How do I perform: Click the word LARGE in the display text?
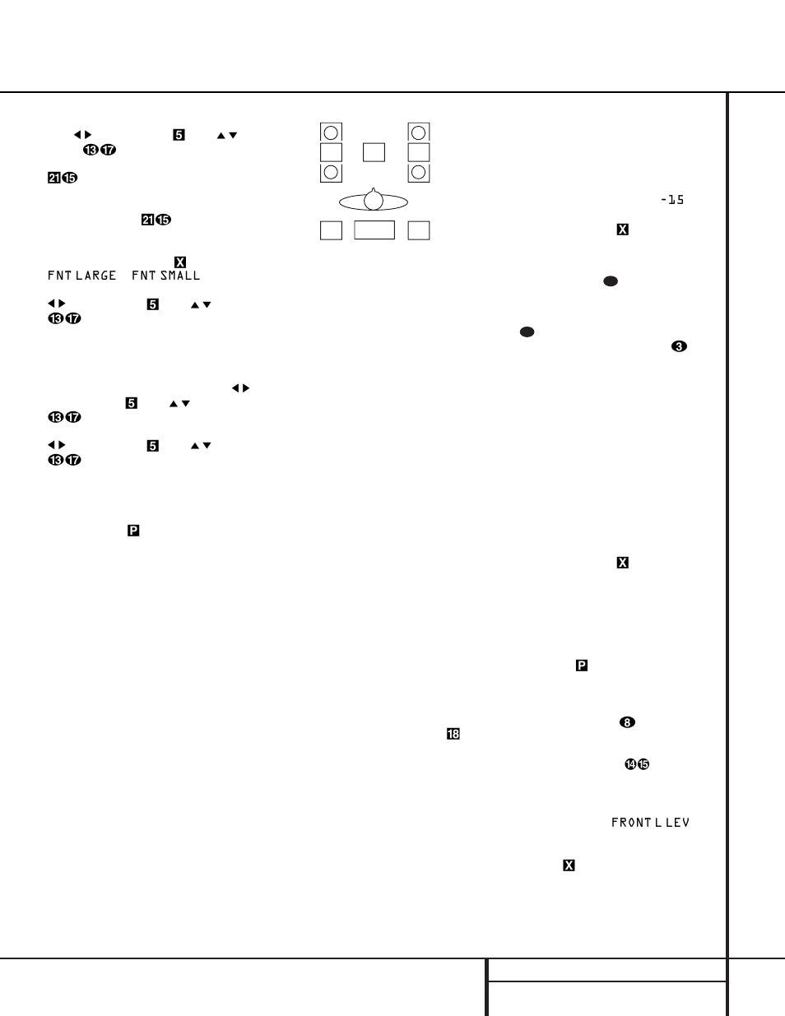pyautogui.click(x=95, y=276)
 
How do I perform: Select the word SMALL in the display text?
pyautogui.click(x=180, y=276)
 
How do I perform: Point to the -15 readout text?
pyautogui.click(x=672, y=200)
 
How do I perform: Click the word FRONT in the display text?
pyautogui.click(x=631, y=823)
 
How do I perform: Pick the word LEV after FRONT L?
pyautogui.click(x=677, y=823)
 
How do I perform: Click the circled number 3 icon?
pyautogui.click(x=679, y=346)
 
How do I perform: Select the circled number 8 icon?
pyautogui.click(x=627, y=722)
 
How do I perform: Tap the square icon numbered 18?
pyautogui.click(x=453, y=734)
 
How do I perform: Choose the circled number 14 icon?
pyautogui.click(x=630, y=764)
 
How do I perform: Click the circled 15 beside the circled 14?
pyautogui.click(x=643, y=764)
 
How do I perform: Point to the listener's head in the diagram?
pyautogui.click(x=374, y=200)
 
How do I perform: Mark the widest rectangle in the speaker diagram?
pyautogui.click(x=374, y=230)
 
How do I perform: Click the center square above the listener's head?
pyautogui.click(x=374, y=152)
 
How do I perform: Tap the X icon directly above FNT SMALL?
pyautogui.click(x=180, y=262)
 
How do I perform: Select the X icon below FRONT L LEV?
pyautogui.click(x=569, y=865)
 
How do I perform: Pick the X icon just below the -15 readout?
pyautogui.click(x=623, y=230)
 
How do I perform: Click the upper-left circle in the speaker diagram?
pyautogui.click(x=331, y=132)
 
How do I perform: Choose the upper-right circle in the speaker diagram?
pyautogui.click(x=419, y=132)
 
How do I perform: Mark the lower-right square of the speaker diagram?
pyautogui.click(x=419, y=230)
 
